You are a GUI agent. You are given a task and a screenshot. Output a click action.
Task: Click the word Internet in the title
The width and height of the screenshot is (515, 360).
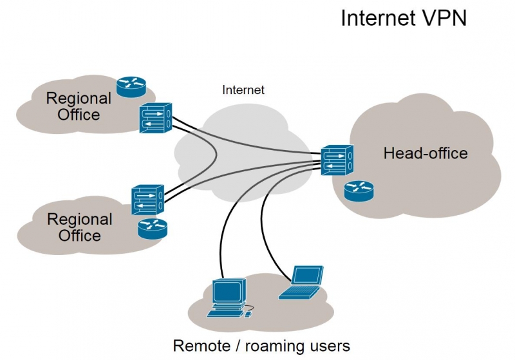[x=376, y=17]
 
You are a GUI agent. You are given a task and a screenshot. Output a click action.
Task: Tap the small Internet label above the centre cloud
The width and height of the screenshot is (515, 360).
[x=243, y=90]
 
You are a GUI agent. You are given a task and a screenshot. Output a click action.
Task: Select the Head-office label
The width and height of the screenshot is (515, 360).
[x=426, y=153]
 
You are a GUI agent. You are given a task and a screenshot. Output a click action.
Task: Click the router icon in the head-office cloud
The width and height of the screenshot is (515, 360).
[x=359, y=190]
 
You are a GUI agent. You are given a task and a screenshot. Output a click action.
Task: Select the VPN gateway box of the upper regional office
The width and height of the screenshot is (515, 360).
[x=155, y=118]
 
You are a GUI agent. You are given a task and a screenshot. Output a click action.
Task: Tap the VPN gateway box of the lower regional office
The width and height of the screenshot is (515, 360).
[x=147, y=200]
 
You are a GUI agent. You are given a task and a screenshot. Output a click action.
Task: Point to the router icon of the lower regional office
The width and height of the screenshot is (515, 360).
[x=152, y=228]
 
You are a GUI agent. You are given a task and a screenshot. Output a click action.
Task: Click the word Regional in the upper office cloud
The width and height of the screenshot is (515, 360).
[x=79, y=99]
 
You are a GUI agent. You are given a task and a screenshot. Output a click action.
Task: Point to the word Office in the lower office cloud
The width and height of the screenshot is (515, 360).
[x=80, y=235]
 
